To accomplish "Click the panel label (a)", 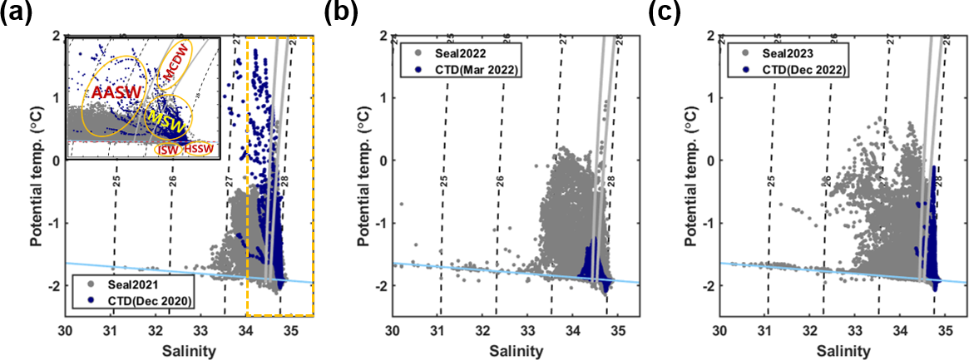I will pos(16,13).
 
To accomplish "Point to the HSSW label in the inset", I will pos(198,148).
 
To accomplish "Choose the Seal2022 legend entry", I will pos(454,56).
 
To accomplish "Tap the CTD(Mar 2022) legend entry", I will pos(467,72).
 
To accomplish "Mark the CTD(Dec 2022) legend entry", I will pos(793,72).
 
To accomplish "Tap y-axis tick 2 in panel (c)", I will pos(709,36).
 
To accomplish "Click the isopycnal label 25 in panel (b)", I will pos(444,181).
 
